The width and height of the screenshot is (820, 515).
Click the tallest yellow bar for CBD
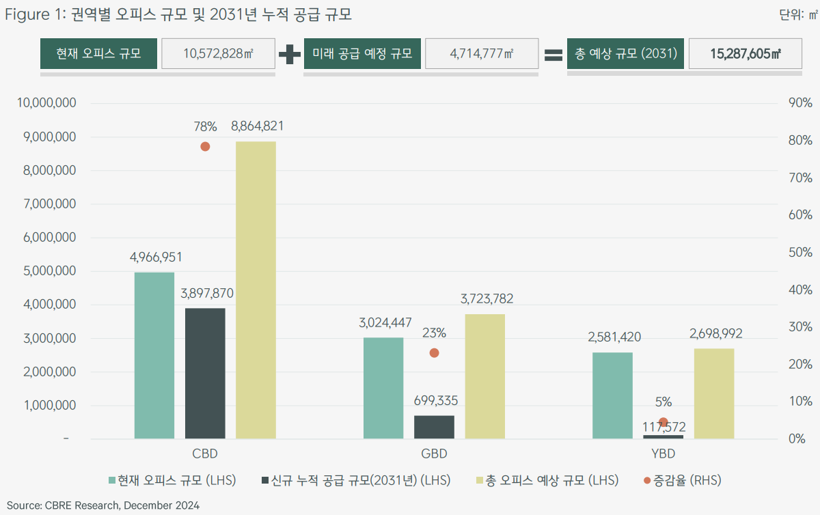pyautogui.click(x=256, y=290)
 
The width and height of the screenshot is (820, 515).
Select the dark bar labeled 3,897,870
pyautogui.click(x=205, y=373)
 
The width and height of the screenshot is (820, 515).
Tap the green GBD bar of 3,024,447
pyautogui.click(x=383, y=388)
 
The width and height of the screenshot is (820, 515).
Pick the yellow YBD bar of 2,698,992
pyautogui.click(x=714, y=393)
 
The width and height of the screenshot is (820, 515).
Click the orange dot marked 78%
pyautogui.click(x=205, y=146)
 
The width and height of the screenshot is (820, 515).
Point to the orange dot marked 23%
pyautogui.click(x=434, y=353)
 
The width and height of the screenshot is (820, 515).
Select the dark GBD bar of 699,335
pyautogui.click(x=434, y=427)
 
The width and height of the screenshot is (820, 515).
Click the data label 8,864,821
pyautogui.click(x=257, y=126)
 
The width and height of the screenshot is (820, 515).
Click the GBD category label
pyautogui.click(x=434, y=454)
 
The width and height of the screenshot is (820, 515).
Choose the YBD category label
pyautogui.click(x=663, y=454)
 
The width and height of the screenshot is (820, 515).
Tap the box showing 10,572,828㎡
pyautogui.click(x=218, y=54)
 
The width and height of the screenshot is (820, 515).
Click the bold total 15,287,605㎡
pyautogui.click(x=746, y=54)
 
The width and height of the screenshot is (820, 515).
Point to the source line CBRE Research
pyautogui.click(x=103, y=505)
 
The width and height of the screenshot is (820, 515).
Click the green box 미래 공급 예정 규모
pyautogui.click(x=361, y=54)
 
